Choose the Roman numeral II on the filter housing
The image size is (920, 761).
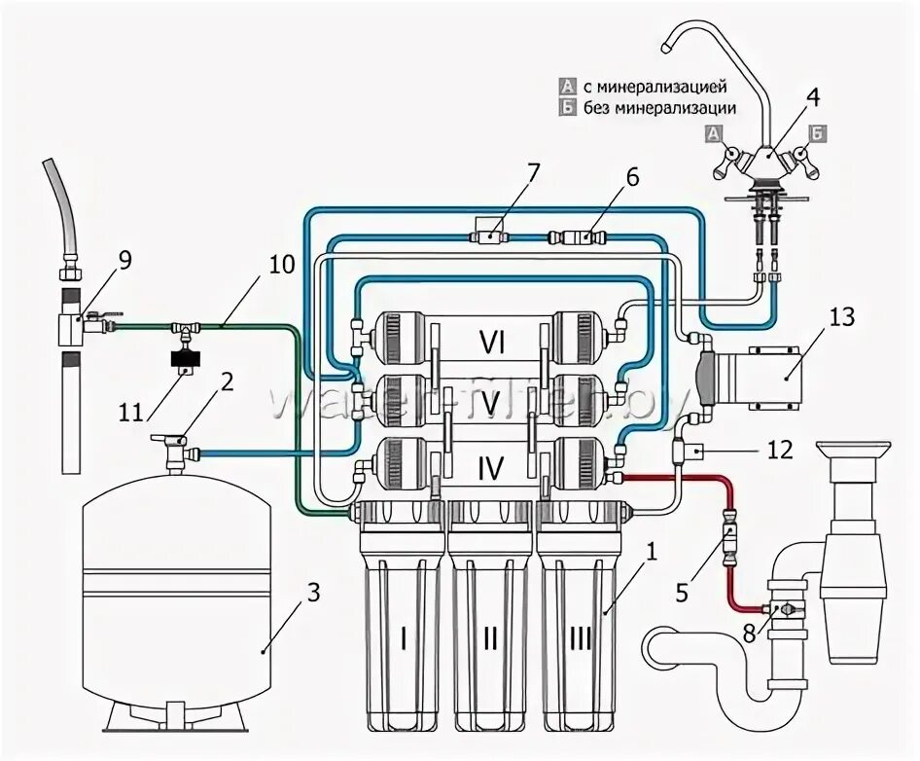(x=490, y=638)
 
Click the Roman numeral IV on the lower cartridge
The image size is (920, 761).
(x=491, y=470)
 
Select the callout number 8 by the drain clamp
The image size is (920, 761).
(x=747, y=631)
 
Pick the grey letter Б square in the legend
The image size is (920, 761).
(x=566, y=108)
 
